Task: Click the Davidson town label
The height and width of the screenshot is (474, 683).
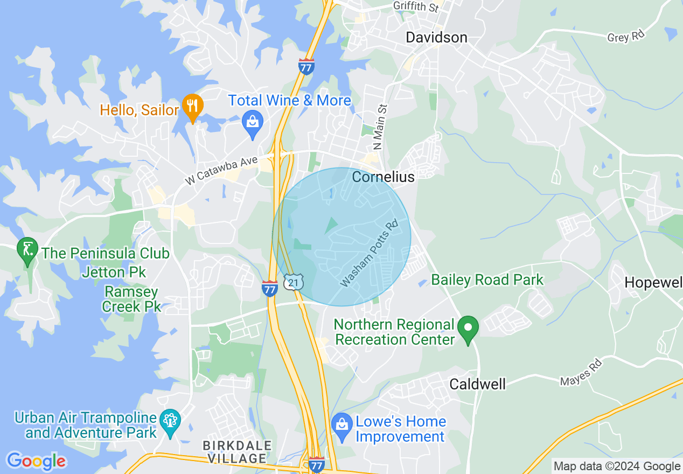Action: click(x=436, y=37)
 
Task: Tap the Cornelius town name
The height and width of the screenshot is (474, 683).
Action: click(x=383, y=177)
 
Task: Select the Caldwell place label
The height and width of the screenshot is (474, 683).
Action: click(x=477, y=384)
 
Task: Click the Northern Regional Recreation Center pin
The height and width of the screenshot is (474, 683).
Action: click(x=468, y=327)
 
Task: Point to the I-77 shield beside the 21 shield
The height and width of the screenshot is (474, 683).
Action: click(x=270, y=288)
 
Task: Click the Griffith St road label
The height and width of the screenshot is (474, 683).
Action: click(x=416, y=6)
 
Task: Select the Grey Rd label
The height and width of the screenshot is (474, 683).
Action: click(x=625, y=37)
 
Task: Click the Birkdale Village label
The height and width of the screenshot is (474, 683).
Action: click(x=236, y=452)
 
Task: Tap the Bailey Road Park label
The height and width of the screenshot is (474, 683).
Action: click(x=487, y=280)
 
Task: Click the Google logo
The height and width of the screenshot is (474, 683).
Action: click(x=36, y=461)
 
